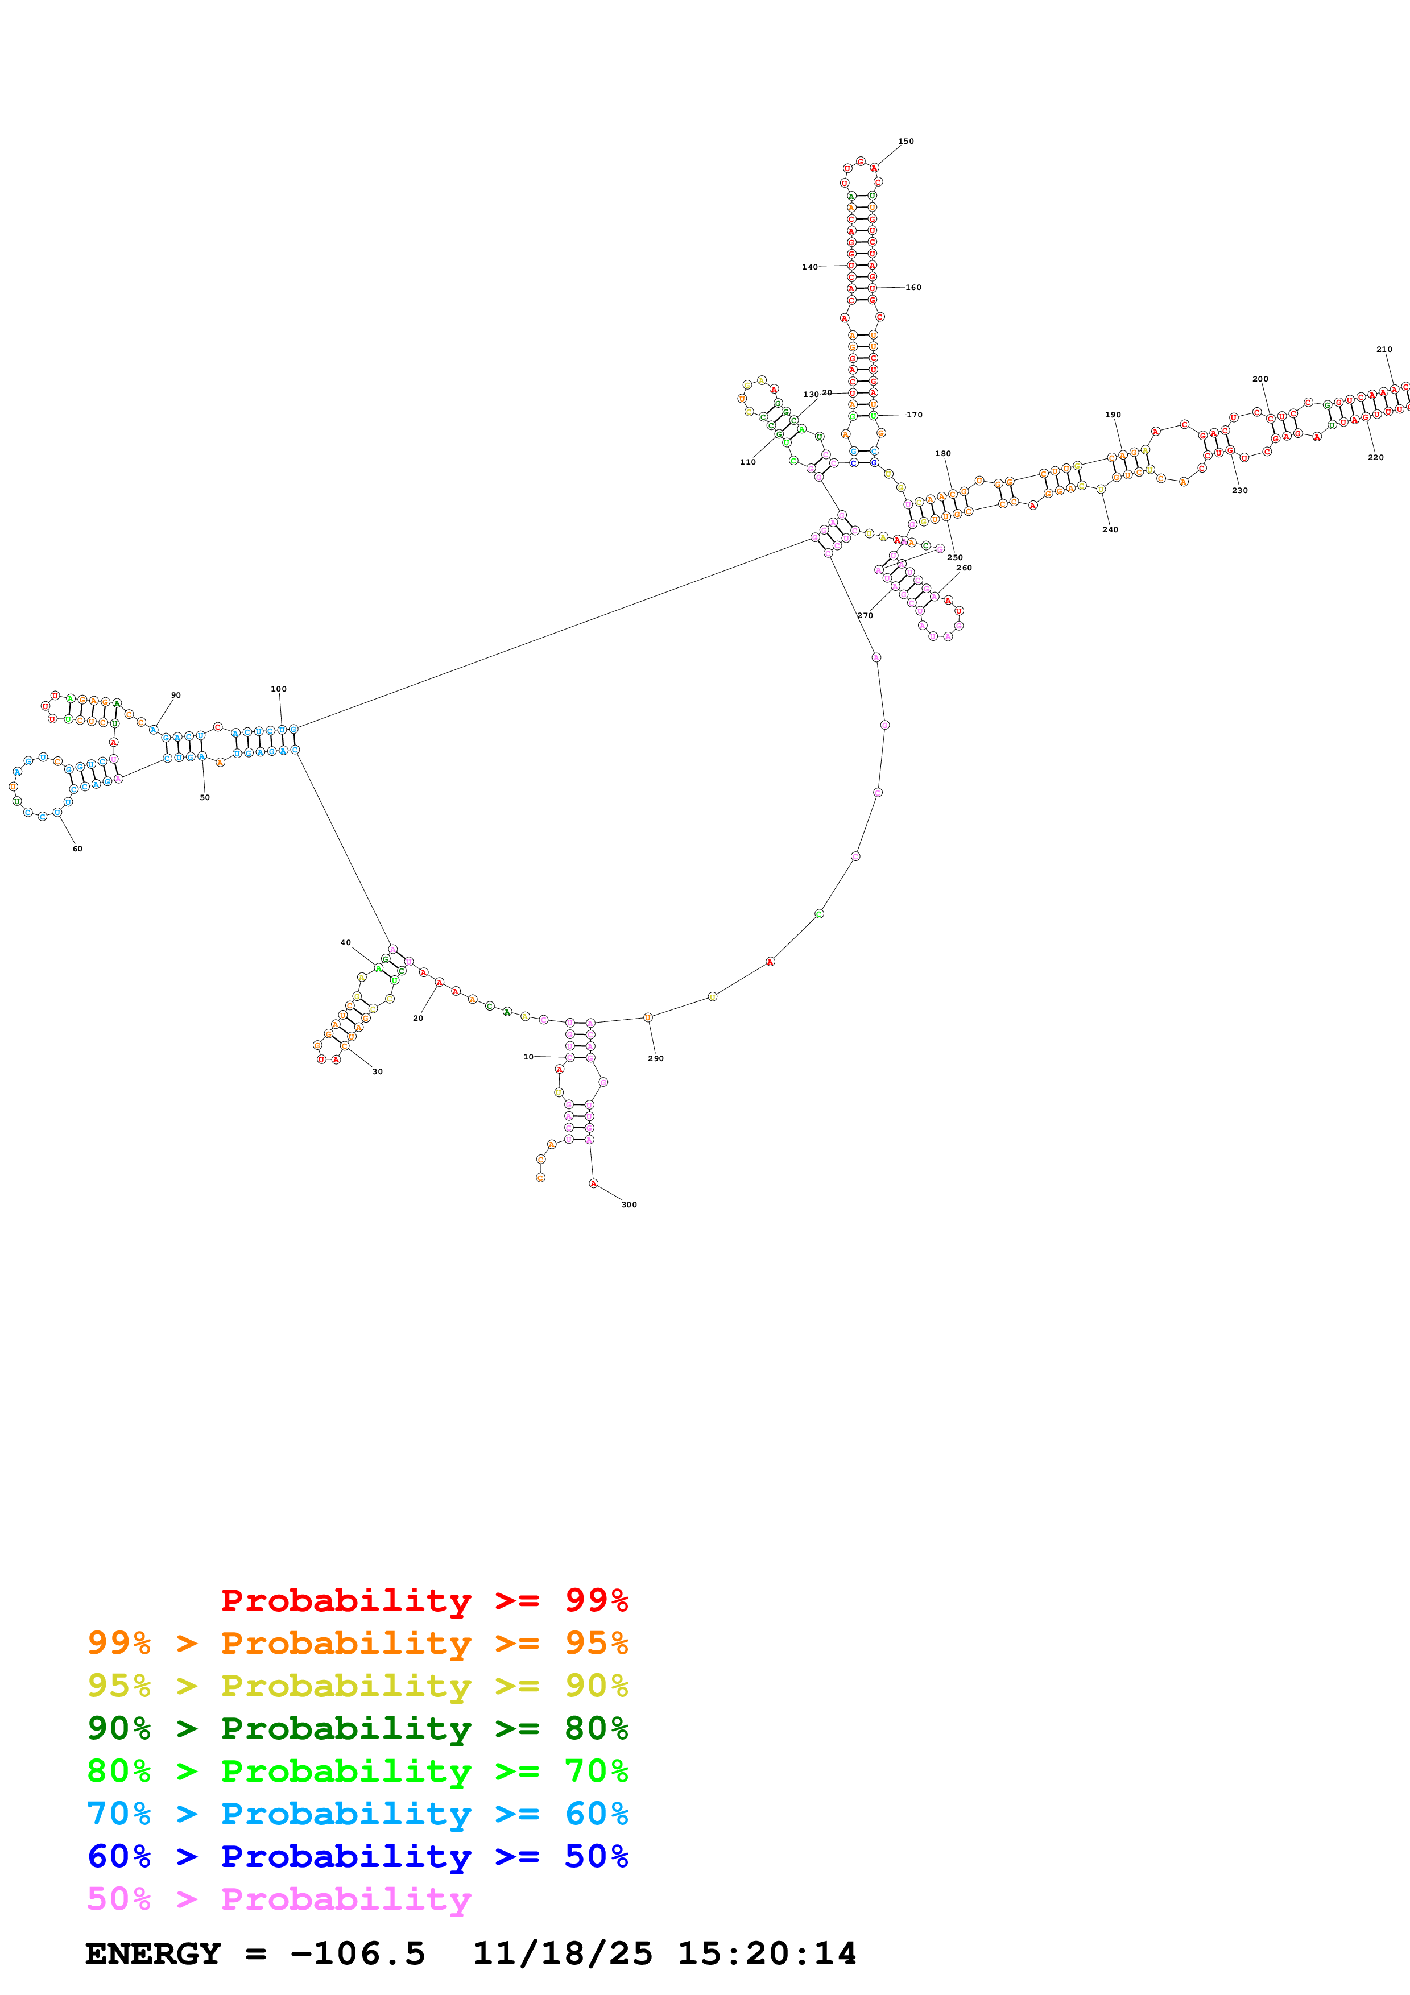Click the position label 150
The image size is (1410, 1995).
(905, 141)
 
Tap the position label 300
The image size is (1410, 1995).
(629, 1205)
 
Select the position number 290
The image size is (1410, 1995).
(655, 1058)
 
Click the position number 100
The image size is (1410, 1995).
(278, 689)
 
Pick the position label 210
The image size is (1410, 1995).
(1384, 349)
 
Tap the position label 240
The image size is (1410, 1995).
(1110, 529)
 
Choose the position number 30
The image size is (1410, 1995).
(377, 1071)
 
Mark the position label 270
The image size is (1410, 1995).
(865, 615)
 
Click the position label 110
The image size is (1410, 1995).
(747, 462)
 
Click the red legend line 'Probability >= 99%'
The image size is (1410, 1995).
(424, 1600)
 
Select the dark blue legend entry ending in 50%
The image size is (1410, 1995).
(357, 1856)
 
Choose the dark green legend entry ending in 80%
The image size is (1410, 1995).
(357, 1728)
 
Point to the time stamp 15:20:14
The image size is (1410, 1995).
(766, 1953)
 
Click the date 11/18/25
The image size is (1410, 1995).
(562, 1953)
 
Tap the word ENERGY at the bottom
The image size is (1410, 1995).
(153, 1953)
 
